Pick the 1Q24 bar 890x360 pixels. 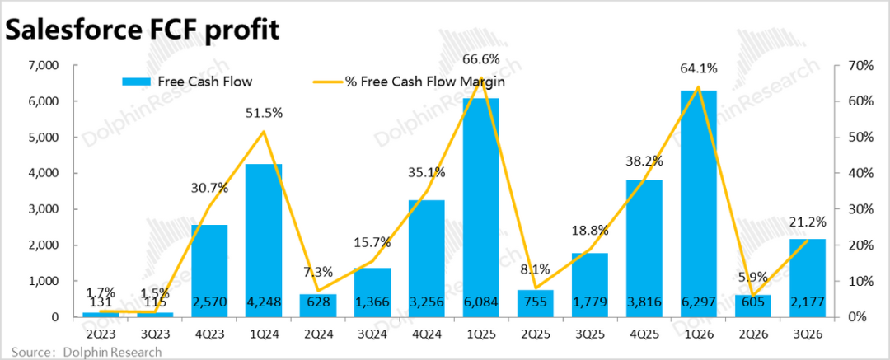click(264, 239)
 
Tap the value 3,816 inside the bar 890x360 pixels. click(644, 302)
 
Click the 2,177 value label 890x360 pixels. click(807, 302)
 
